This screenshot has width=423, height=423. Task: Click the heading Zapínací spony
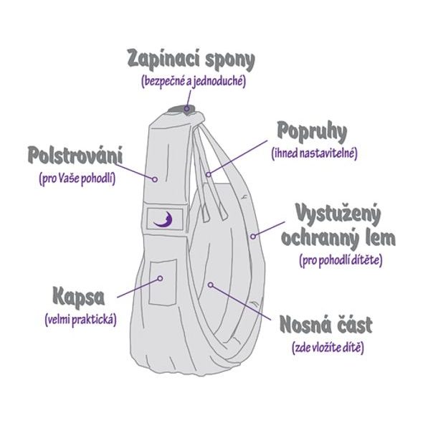pos(191,59)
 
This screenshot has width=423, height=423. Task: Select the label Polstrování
pos(75,154)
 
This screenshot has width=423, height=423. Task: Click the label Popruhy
pos(312,132)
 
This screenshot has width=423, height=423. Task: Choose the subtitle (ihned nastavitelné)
pos(314,153)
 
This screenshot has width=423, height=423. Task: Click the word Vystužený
pos(338,213)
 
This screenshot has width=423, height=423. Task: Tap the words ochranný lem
pos(338,237)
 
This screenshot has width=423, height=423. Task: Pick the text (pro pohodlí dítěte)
pos(340,260)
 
